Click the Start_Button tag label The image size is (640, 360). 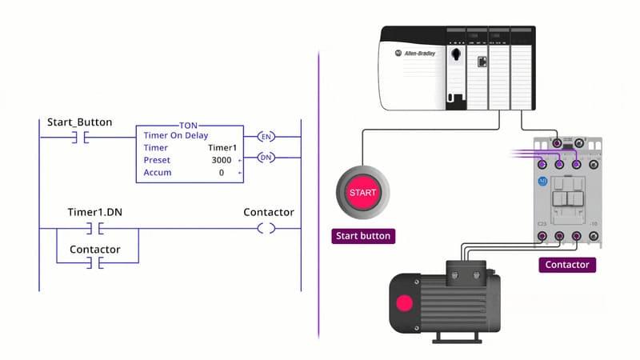[80, 122]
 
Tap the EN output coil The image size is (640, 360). [266, 137]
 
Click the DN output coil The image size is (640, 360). [266, 158]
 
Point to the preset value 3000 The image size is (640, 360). [222, 160]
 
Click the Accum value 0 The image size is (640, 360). [221, 173]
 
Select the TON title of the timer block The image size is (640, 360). [190, 126]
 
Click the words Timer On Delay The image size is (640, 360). [176, 136]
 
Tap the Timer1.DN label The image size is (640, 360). [95, 213]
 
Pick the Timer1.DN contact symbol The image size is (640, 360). [95, 229]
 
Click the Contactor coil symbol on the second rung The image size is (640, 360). [266, 229]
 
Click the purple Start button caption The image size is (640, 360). [363, 236]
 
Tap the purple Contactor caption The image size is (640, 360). [566, 264]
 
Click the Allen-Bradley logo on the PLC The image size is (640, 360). [414, 53]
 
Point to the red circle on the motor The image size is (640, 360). [405, 303]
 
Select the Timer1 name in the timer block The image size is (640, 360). [222, 148]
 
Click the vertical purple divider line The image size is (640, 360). [319, 200]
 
